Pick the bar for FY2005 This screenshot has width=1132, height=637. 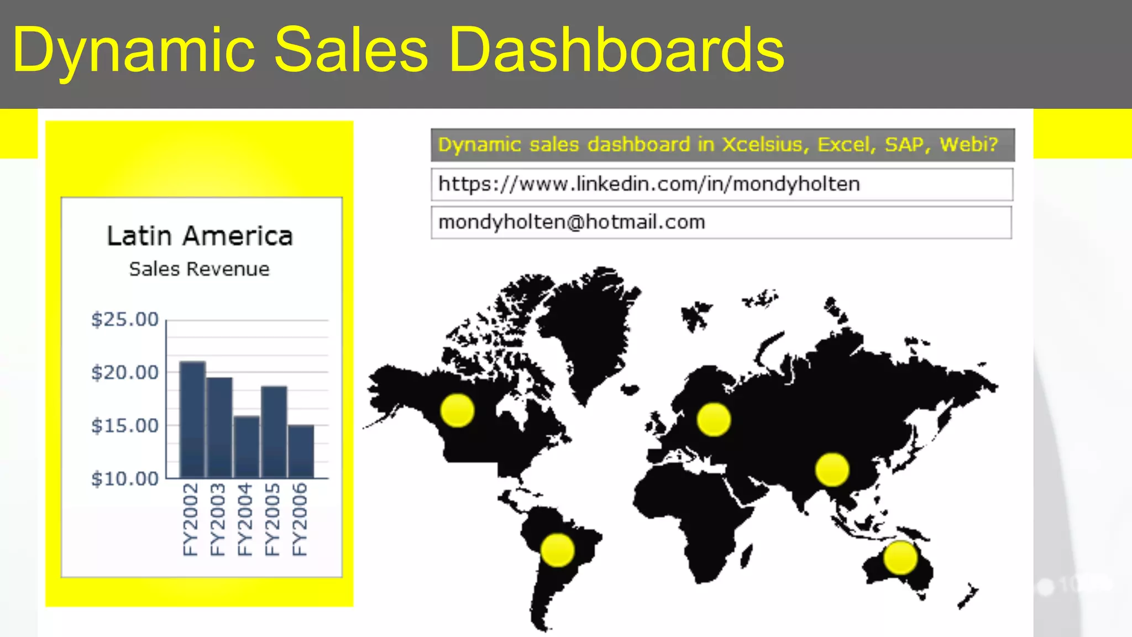click(274, 432)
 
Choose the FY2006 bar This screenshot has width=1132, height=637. click(301, 451)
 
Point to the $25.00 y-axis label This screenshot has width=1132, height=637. click(125, 320)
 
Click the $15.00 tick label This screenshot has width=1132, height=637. click(125, 426)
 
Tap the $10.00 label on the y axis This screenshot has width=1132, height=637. click(125, 479)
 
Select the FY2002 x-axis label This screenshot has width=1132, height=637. click(190, 519)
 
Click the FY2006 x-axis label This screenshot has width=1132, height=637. click(299, 519)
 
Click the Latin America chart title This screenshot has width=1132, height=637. click(200, 236)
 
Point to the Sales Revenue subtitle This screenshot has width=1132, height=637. click(199, 269)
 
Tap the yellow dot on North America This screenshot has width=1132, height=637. click(457, 410)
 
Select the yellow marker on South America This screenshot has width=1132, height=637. click(557, 550)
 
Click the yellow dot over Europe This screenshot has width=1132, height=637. click(714, 420)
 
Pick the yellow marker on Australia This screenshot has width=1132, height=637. click(900, 558)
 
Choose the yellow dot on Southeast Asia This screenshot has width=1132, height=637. click(832, 469)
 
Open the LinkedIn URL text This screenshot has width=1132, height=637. click(649, 184)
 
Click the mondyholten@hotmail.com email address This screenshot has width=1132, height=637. click(572, 222)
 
